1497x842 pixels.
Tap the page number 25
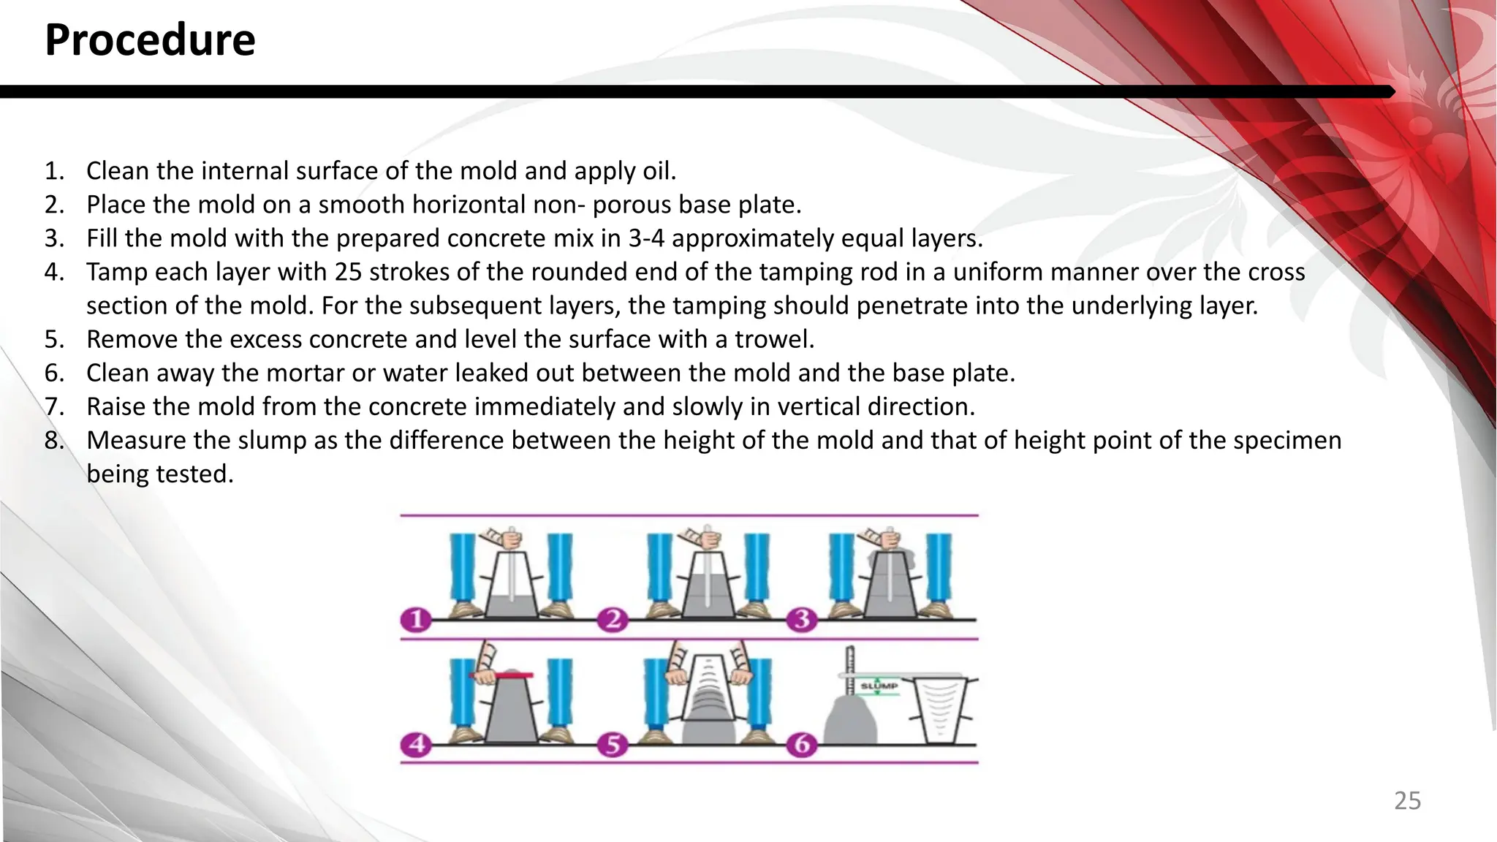point(1407,801)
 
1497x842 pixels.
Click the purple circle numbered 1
point(416,621)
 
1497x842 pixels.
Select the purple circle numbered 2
point(613,621)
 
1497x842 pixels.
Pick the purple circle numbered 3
point(802,621)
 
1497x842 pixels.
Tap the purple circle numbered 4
point(416,745)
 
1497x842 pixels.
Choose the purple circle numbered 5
point(613,745)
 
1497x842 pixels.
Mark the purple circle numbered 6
point(802,745)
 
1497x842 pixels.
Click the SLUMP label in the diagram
point(879,686)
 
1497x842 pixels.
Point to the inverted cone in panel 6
point(939,709)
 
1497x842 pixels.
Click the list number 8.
point(54,441)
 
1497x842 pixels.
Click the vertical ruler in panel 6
point(849,669)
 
